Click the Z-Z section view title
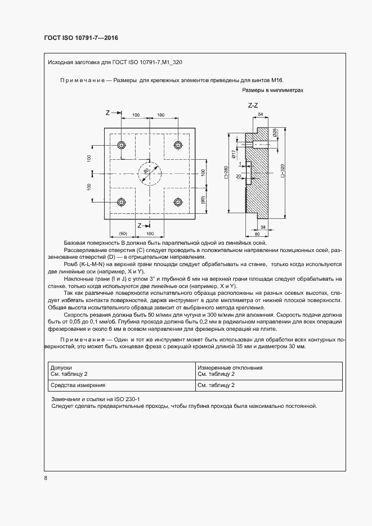coord(253,106)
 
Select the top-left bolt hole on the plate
coord(121,145)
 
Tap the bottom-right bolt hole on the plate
coord(178,202)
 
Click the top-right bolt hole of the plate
coord(178,145)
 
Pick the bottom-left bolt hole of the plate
coord(121,202)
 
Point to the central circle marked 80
coord(150,173)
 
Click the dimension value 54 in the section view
coord(261,114)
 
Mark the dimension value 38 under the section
coord(263,227)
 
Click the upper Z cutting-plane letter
coord(107,113)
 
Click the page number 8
coord(46,478)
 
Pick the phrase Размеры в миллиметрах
coord(272,90)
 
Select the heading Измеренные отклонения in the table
coord(230,367)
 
